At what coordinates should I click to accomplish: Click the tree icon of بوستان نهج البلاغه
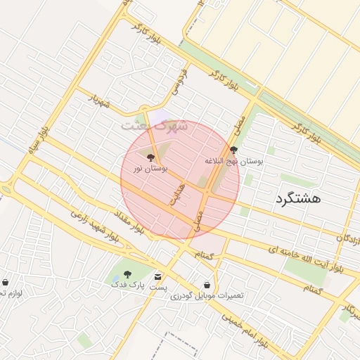[233, 150]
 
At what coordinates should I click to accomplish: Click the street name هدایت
[176, 191]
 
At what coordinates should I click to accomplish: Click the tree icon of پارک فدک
[127, 274]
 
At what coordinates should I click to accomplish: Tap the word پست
[160, 287]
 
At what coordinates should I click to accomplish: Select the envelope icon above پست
[156, 277]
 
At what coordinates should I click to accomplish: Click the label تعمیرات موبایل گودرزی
[207, 295]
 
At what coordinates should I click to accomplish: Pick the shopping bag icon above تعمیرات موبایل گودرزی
[207, 285]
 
